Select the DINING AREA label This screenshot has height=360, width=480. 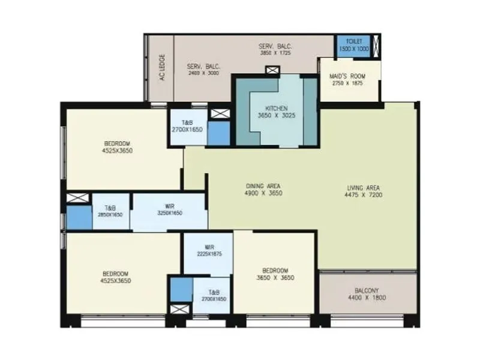(263, 185)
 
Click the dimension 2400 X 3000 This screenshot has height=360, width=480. (203, 73)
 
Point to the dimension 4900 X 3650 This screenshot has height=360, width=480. (263, 193)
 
